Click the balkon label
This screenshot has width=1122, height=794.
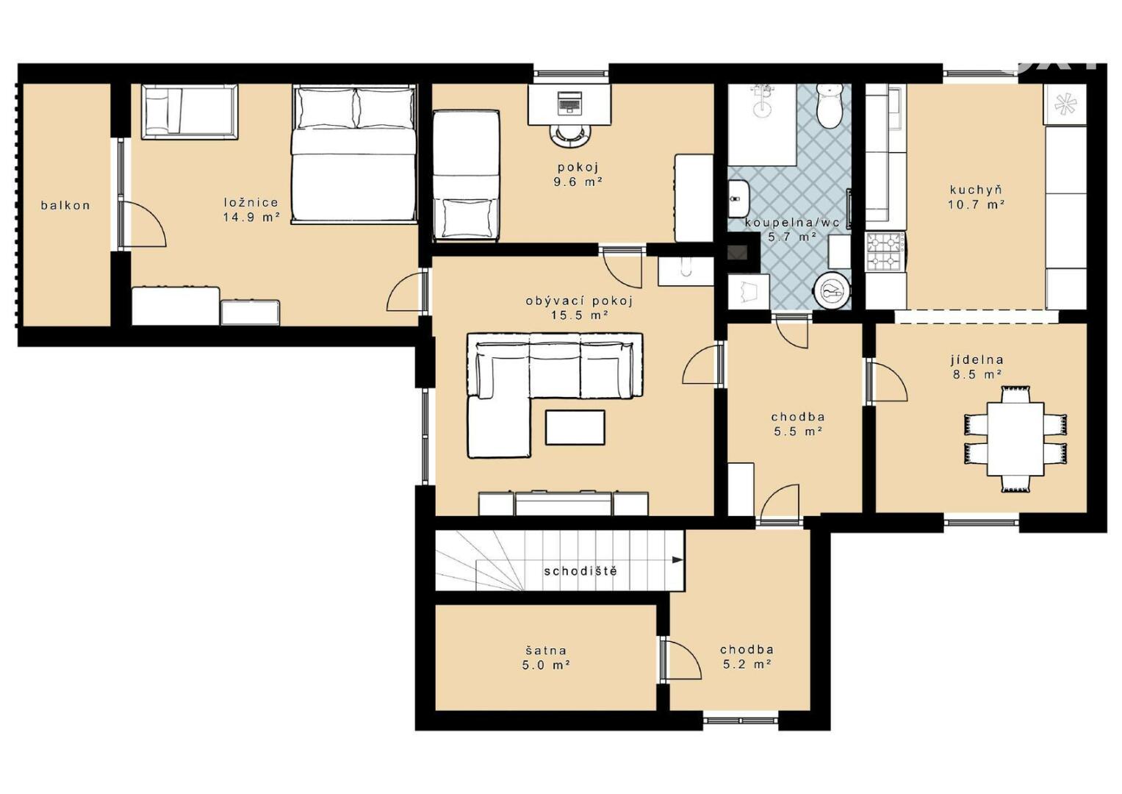(x=65, y=205)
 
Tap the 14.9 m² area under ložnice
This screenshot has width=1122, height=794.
(x=251, y=217)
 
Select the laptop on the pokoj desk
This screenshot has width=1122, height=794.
(x=569, y=102)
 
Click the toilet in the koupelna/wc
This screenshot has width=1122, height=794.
(x=830, y=104)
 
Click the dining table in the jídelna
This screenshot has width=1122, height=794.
(x=1015, y=439)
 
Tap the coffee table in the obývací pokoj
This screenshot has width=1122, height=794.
(x=575, y=427)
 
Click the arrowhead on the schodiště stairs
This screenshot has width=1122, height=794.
(x=677, y=560)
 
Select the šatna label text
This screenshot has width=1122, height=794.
(x=546, y=651)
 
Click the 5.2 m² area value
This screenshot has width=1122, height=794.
(x=747, y=664)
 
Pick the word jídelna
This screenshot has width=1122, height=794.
(x=977, y=360)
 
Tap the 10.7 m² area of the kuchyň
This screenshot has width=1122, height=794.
(x=977, y=204)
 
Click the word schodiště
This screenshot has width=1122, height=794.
(x=580, y=571)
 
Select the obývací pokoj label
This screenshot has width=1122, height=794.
(x=580, y=301)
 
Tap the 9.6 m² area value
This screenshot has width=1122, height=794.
(x=578, y=182)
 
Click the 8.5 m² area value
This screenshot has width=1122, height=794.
(x=977, y=374)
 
